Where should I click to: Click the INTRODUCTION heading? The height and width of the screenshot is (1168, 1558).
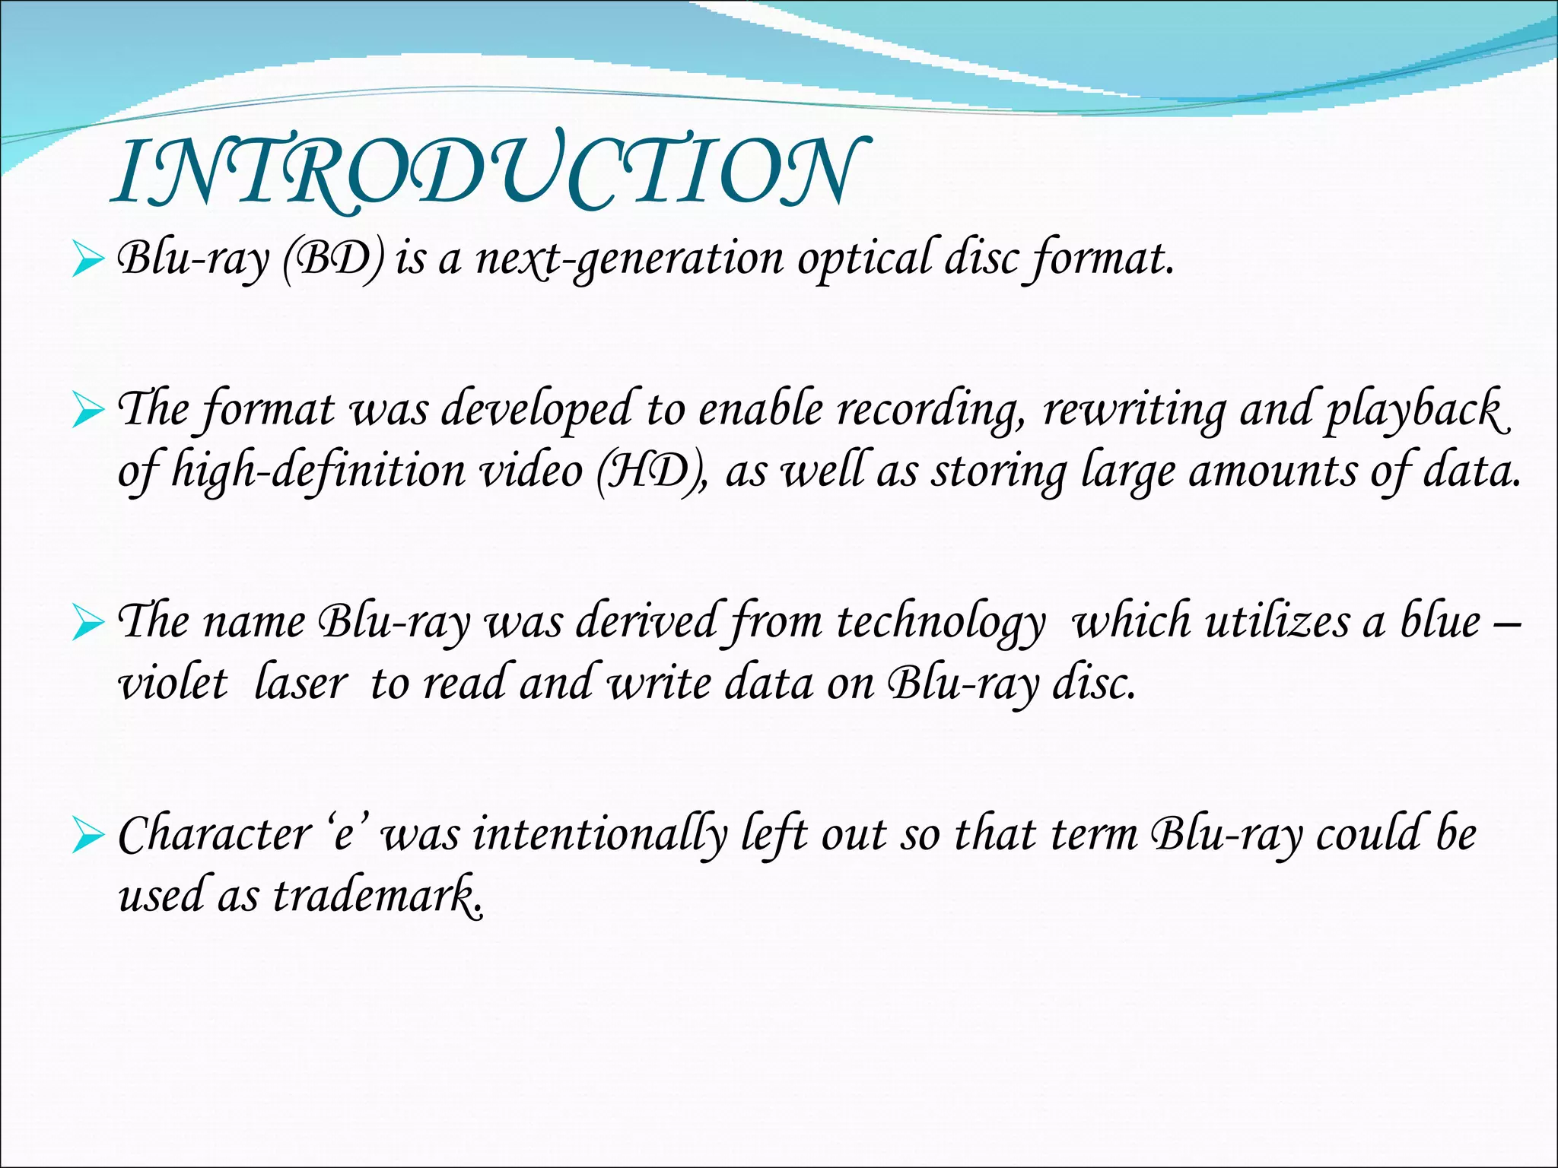coord(487,173)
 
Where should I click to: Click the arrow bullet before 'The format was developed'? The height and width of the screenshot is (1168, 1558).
coord(87,413)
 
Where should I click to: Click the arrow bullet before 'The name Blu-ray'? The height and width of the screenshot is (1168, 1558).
coord(87,625)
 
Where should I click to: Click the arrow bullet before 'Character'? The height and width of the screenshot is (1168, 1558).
coord(87,838)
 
